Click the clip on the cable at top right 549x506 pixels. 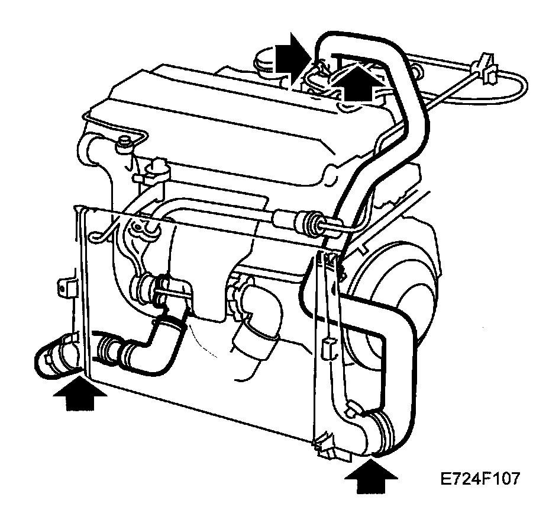click(x=485, y=65)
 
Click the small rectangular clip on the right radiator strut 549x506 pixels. click(x=327, y=349)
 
